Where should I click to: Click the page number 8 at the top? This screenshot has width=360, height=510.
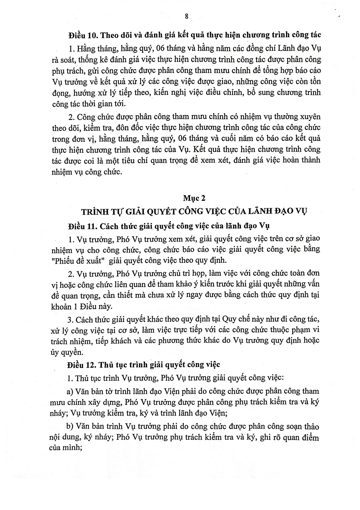pyautogui.click(x=187, y=17)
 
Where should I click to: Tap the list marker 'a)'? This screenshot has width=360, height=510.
pyautogui.click(x=70, y=391)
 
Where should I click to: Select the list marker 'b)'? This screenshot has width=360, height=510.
pyautogui.click(x=70, y=427)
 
